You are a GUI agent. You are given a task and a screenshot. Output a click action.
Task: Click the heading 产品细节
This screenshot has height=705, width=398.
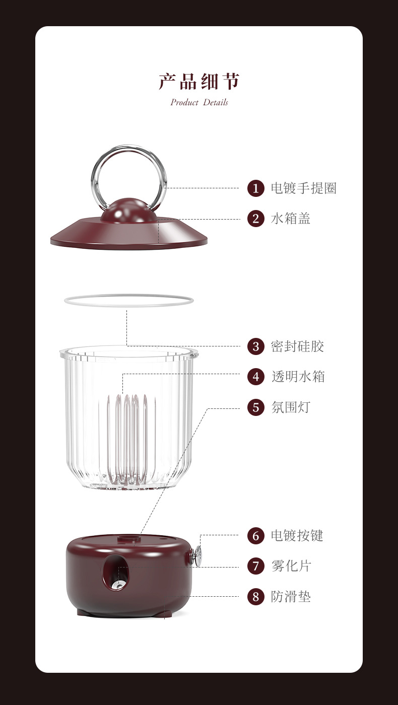[x=199, y=82]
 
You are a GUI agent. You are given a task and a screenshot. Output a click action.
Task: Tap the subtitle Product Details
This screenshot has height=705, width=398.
[x=199, y=102]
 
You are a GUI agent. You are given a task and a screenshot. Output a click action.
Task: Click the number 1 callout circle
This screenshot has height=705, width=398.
[x=256, y=188]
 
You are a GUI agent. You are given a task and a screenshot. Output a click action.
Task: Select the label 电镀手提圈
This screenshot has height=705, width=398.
[x=303, y=188]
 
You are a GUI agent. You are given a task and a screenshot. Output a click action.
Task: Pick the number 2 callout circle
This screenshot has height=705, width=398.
[x=256, y=219]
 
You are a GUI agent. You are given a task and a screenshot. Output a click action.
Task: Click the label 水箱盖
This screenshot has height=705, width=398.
[x=291, y=219]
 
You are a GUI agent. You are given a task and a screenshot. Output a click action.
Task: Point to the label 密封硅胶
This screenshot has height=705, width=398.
[x=297, y=346]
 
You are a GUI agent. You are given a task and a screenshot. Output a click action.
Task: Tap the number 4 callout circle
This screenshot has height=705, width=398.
[x=256, y=377]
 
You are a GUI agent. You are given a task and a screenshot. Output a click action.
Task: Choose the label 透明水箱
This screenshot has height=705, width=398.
[x=297, y=377]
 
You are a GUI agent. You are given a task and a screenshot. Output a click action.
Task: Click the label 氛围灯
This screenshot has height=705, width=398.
[x=291, y=407]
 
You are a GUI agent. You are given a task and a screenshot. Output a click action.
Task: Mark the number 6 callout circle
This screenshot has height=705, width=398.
[x=256, y=536]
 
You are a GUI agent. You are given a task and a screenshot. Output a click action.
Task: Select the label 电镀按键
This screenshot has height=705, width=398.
[x=297, y=536]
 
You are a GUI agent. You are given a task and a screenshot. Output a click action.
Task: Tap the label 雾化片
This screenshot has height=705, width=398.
[x=291, y=566]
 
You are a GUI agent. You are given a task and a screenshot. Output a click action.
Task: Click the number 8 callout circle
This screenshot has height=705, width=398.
[x=256, y=597]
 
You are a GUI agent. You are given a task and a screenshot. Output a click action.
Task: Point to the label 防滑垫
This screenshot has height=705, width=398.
[x=291, y=597]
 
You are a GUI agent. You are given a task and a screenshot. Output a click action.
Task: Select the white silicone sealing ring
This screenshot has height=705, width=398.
[x=129, y=301]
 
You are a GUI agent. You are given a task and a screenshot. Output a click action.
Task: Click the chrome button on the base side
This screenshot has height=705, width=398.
[x=197, y=556]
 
